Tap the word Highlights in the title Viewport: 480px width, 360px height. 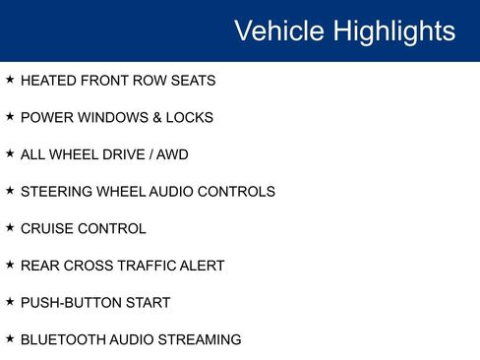click(x=393, y=30)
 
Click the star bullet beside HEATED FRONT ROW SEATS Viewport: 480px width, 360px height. click(x=10, y=80)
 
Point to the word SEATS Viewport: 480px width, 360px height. click(x=193, y=81)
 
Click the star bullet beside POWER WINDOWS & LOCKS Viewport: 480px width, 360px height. click(x=10, y=116)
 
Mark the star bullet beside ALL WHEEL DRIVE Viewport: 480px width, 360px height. click(x=10, y=153)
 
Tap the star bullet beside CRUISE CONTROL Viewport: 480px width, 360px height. click(x=10, y=227)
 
